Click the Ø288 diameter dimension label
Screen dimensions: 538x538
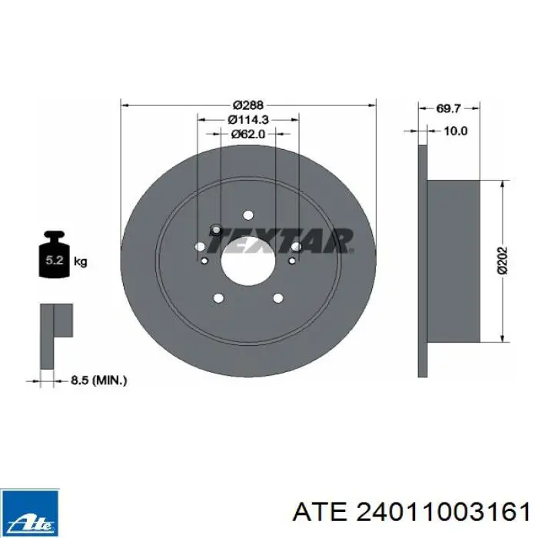pos(247,105)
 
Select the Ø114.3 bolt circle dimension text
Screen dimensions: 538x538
pos(248,119)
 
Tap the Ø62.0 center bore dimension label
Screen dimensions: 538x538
pos(248,134)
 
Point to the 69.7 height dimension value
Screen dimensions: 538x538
pos(448,108)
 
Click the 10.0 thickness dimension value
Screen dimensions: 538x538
pos(456,131)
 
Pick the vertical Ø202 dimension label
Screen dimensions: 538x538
pos(502,260)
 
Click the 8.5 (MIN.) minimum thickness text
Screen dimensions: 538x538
pos(99,380)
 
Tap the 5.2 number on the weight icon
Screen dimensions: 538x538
pos(55,260)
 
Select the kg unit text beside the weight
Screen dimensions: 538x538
pos(80,262)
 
